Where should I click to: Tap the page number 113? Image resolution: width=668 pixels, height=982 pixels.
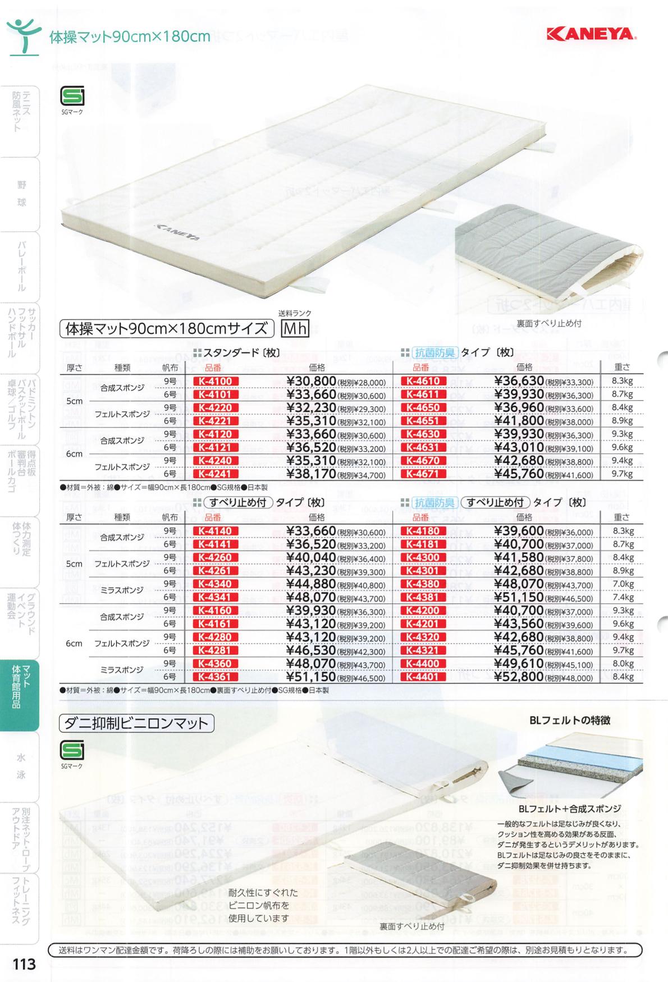[x=24, y=964]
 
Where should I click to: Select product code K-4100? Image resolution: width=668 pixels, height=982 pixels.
[x=216, y=382]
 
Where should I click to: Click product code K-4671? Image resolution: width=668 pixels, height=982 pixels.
[x=423, y=474]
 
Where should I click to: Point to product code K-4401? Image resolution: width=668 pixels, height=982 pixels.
[x=423, y=677]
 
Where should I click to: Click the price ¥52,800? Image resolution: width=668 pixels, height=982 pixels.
[x=519, y=677]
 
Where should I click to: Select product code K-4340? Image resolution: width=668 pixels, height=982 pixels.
[x=216, y=584]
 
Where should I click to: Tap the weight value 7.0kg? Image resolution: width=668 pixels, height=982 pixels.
[x=622, y=584]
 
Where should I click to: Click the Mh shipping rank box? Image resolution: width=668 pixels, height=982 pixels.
[x=295, y=328]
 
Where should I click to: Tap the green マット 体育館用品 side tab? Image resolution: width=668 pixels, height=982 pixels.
[x=20, y=695]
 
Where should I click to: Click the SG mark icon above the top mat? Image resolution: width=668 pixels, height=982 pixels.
[x=72, y=97]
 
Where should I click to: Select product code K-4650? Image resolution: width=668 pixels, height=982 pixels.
[x=423, y=408]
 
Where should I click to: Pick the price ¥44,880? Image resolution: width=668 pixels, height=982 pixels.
[x=311, y=584]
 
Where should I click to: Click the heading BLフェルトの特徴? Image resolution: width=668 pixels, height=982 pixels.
[x=570, y=720]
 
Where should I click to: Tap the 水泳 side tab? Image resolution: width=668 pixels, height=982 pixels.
[x=21, y=766]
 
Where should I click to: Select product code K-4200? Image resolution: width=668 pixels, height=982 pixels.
[x=423, y=611]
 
